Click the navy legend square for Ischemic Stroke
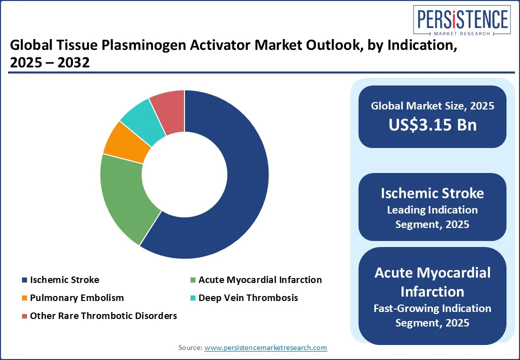pyautogui.click(x=24, y=280)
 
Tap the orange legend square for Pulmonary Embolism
pyautogui.click(x=24, y=298)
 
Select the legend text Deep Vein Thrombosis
pyautogui.click(x=248, y=298)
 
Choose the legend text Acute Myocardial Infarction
pyautogui.click(x=260, y=280)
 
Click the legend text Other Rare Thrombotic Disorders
pyautogui.click(x=103, y=316)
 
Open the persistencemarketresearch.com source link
pyautogui.click(x=265, y=347)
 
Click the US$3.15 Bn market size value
pyautogui.click(x=432, y=124)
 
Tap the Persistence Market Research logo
pyautogui.click(x=462, y=20)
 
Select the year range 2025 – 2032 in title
pyautogui.click(x=49, y=62)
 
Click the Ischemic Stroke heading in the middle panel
pyautogui.click(x=432, y=193)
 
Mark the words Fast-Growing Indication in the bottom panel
pyautogui.click(x=432, y=308)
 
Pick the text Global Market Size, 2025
pyautogui.click(x=432, y=105)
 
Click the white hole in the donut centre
pyautogui.click(x=184, y=174)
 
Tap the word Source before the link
pyautogui.click(x=190, y=347)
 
